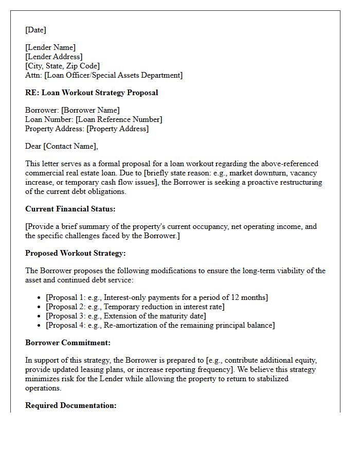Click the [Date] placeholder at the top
tap(35, 30)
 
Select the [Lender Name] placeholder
tap(50, 47)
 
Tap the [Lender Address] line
tap(54, 57)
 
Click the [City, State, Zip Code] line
tap(62, 66)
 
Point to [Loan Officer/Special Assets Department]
tap(113, 75)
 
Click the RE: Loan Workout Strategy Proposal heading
tap(92, 93)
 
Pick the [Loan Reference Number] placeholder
tap(119, 119)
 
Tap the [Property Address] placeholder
tap(117, 129)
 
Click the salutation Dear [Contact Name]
tap(61, 146)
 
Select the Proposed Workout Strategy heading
tap(75, 253)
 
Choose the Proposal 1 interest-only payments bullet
tap(157, 297)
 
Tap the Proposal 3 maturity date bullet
tap(125, 316)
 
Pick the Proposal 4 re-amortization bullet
tap(160, 325)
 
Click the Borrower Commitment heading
tap(68, 343)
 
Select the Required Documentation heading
tap(71, 405)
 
